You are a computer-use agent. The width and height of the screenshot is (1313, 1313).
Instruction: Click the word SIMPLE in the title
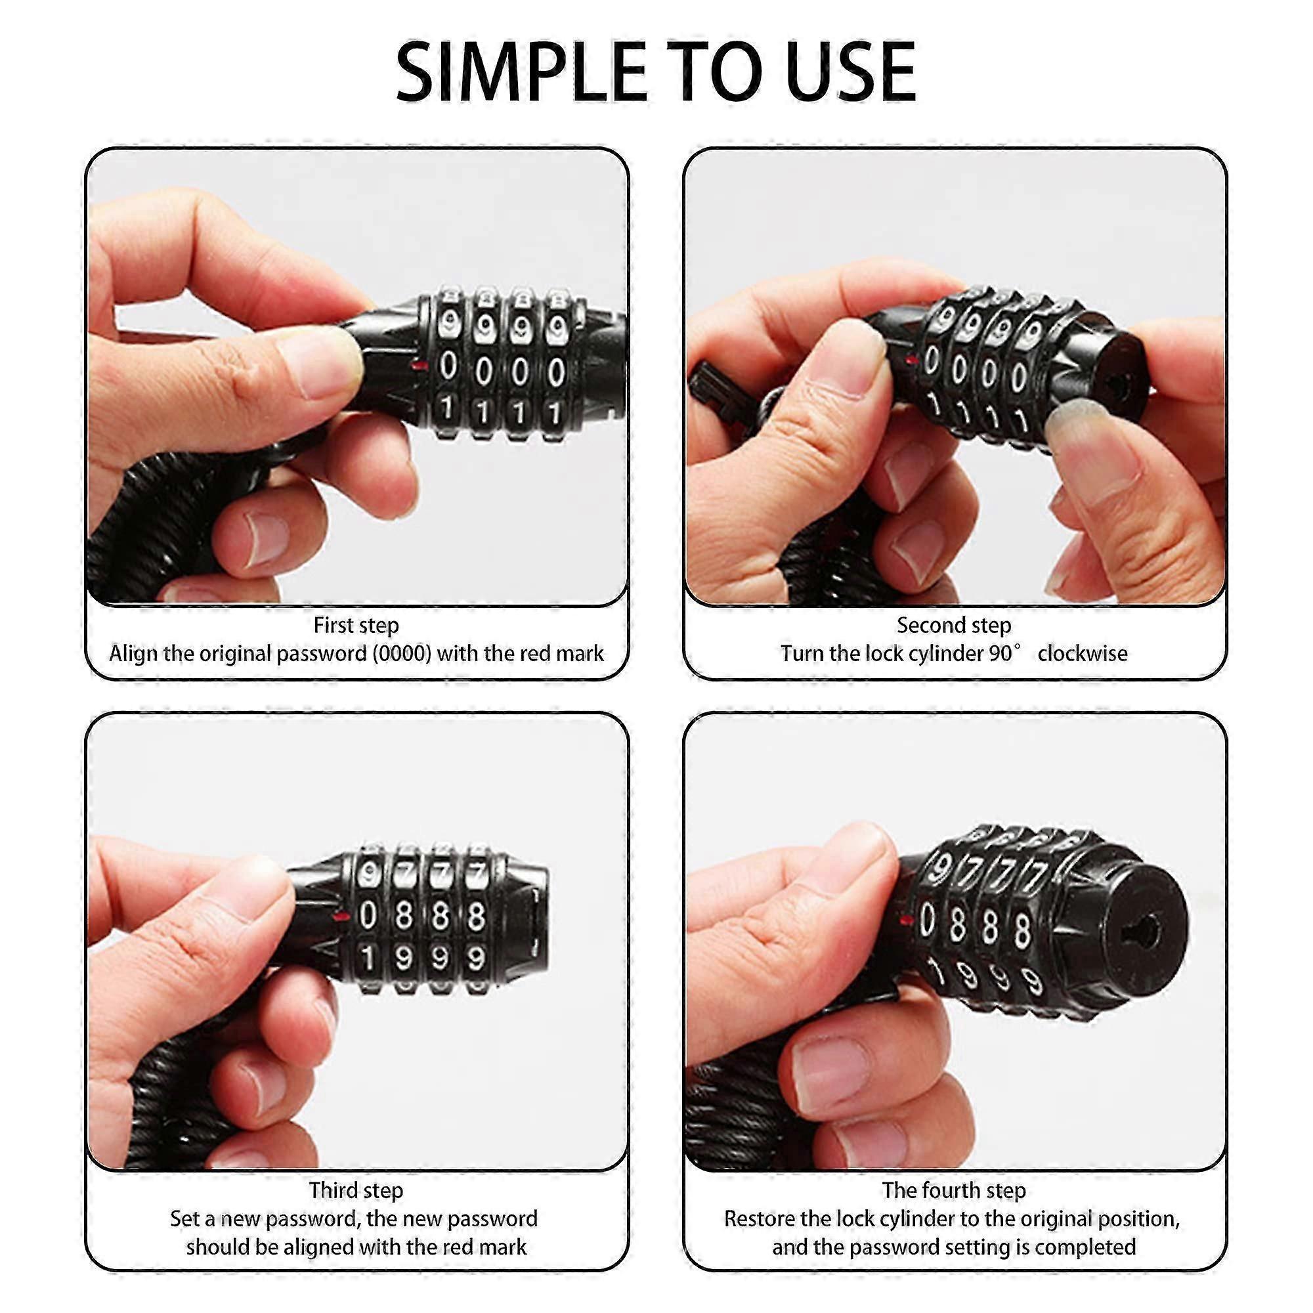click(521, 72)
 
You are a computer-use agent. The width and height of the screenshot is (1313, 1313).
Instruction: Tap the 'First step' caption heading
click(356, 625)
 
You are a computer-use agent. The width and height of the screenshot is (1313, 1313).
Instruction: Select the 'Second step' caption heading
click(954, 625)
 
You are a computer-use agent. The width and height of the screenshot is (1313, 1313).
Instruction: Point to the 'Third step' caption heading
click(356, 1191)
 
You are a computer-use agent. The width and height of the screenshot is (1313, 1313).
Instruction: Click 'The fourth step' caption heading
click(954, 1191)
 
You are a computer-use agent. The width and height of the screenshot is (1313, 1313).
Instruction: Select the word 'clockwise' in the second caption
click(1083, 654)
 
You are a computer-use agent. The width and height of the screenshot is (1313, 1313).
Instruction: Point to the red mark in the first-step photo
click(421, 366)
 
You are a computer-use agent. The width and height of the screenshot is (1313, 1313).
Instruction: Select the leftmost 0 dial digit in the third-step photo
click(368, 916)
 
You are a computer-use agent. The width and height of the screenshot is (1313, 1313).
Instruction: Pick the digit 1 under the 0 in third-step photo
click(368, 958)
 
